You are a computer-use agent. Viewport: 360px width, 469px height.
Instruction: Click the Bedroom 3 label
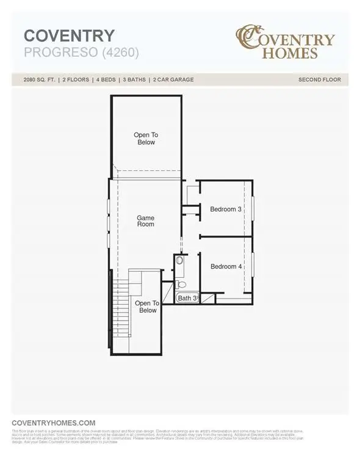[226, 209]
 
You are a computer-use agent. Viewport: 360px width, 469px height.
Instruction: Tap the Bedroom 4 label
[226, 266]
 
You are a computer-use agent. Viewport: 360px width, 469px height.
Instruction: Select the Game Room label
[145, 221]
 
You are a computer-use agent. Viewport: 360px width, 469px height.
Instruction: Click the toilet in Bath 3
[181, 285]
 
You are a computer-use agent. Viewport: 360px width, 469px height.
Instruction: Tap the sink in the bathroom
[179, 261]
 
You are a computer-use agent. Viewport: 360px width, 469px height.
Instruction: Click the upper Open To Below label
[145, 139]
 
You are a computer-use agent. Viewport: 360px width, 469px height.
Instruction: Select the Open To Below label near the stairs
[147, 307]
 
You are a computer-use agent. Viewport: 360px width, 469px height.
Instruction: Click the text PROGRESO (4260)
[82, 53]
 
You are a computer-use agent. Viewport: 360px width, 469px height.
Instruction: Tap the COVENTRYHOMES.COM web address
[54, 423]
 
